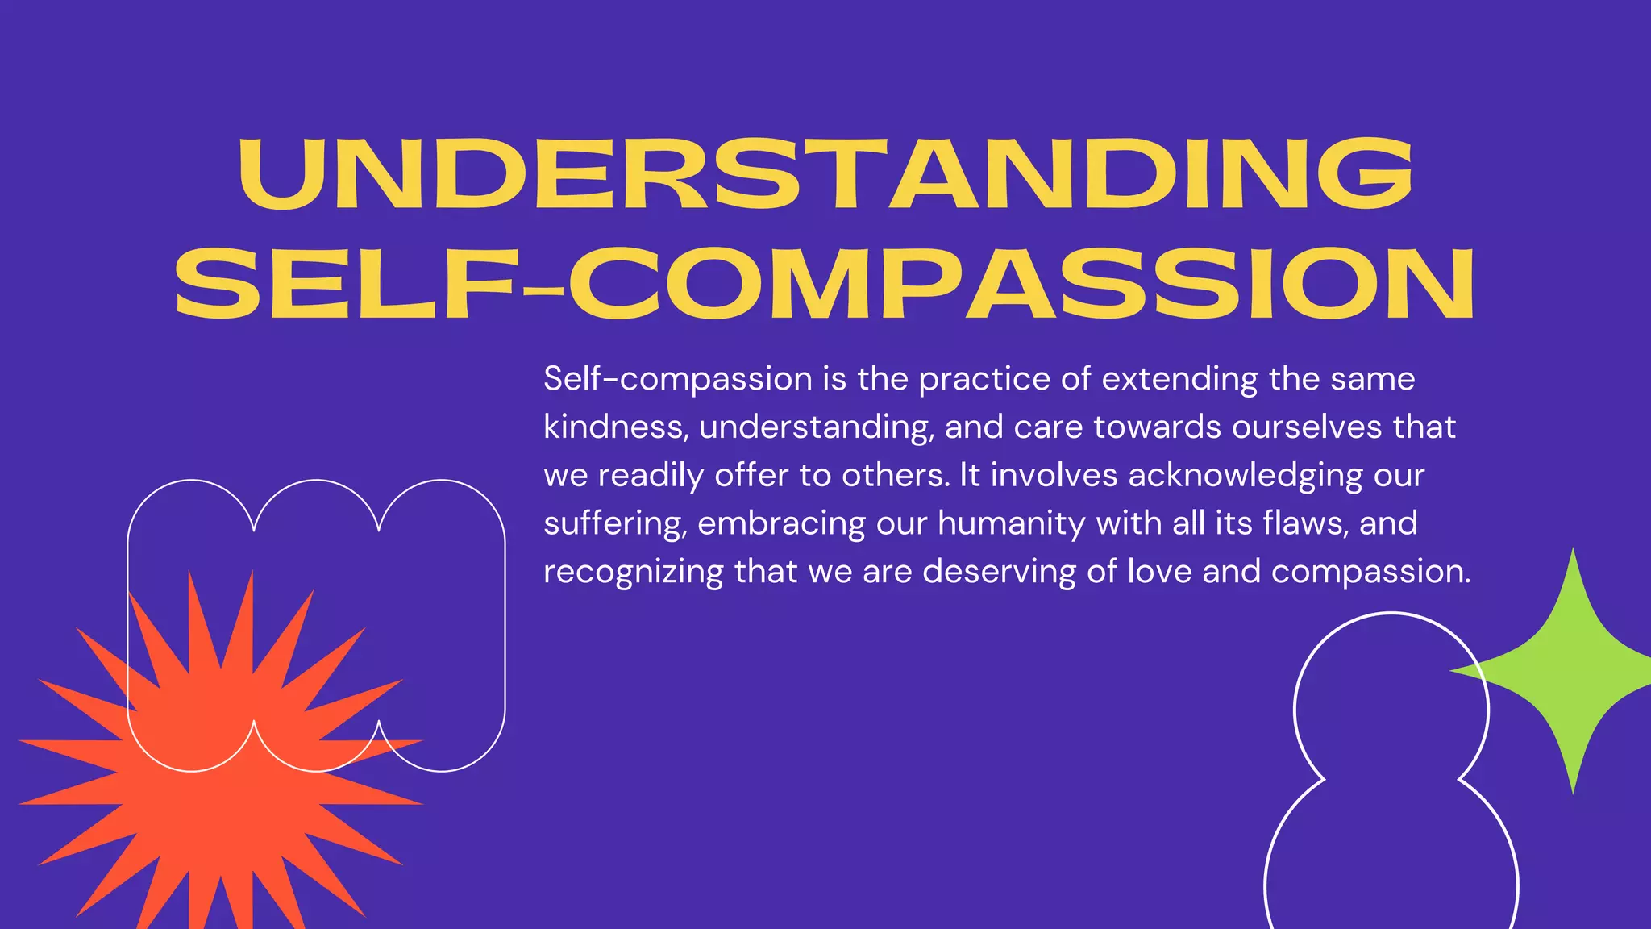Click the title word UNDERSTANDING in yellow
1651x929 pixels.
tap(825, 173)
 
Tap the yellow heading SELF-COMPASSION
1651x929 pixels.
tap(825, 284)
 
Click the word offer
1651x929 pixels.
tap(752, 475)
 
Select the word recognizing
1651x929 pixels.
tap(633, 573)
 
